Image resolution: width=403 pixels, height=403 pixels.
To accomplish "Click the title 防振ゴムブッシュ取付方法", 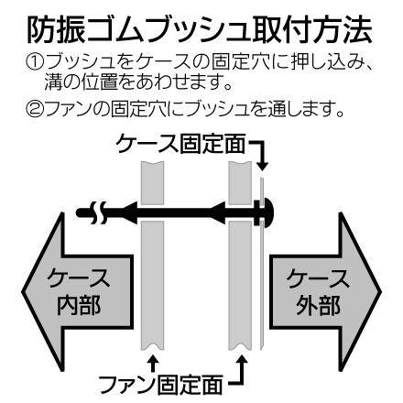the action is point(200,30).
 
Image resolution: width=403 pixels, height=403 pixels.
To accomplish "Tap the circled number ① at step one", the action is point(35,62).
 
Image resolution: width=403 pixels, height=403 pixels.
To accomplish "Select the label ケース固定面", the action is point(180,143).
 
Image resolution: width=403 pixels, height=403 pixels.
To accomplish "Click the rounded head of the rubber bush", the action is point(267,212).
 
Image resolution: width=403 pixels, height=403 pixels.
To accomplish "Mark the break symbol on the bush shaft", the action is point(98,212).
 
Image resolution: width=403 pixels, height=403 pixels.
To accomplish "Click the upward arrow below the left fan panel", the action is point(153,363).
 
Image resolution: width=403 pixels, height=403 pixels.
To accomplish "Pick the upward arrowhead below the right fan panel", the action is point(242,359).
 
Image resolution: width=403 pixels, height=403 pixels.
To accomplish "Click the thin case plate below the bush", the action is point(261,286).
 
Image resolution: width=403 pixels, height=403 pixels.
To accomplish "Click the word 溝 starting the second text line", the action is point(53,82).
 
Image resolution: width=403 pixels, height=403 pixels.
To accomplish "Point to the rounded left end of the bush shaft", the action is point(80,212).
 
